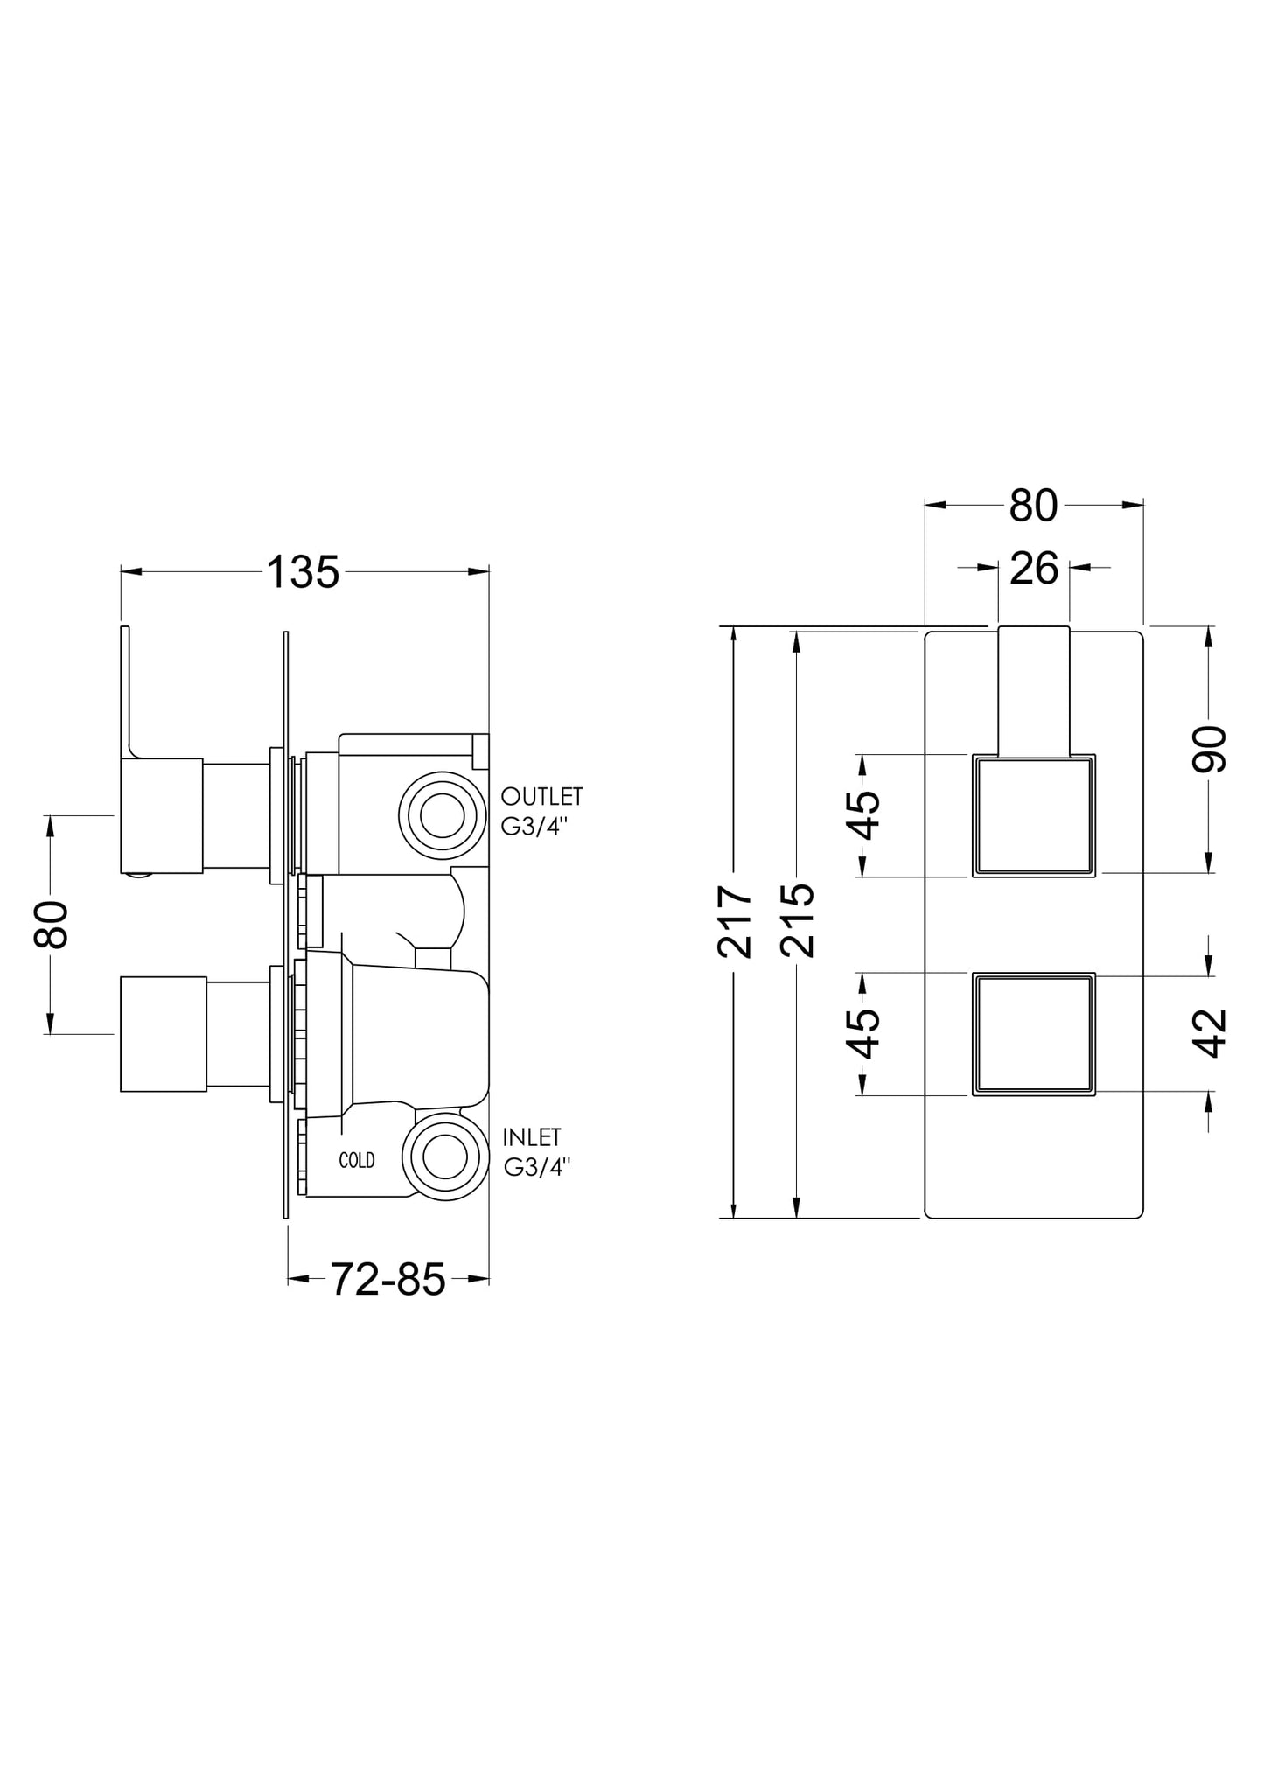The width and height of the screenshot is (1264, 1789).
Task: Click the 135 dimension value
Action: (302, 573)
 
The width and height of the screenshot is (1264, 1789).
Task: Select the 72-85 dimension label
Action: (388, 1280)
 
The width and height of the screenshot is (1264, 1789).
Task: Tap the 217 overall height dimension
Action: (735, 922)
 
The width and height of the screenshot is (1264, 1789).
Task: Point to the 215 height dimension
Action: (798, 920)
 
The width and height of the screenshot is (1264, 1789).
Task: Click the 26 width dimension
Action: (1034, 569)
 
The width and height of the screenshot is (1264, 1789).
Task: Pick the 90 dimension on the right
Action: (1210, 749)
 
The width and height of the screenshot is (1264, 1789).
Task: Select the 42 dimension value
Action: (1210, 1033)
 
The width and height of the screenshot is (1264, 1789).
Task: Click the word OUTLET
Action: (541, 797)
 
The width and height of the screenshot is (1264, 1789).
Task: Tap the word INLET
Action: (532, 1137)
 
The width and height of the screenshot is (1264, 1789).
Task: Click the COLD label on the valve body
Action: (357, 1160)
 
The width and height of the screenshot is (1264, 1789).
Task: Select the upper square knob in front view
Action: (1034, 815)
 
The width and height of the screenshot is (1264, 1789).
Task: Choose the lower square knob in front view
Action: (1034, 1034)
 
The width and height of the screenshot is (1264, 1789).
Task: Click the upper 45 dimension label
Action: (864, 814)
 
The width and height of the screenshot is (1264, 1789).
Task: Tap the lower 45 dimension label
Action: (864, 1033)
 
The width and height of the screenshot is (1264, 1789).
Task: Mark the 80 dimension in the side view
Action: (51, 924)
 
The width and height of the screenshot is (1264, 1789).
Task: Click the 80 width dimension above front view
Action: (1034, 506)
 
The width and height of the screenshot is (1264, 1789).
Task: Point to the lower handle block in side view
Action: (163, 1034)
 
